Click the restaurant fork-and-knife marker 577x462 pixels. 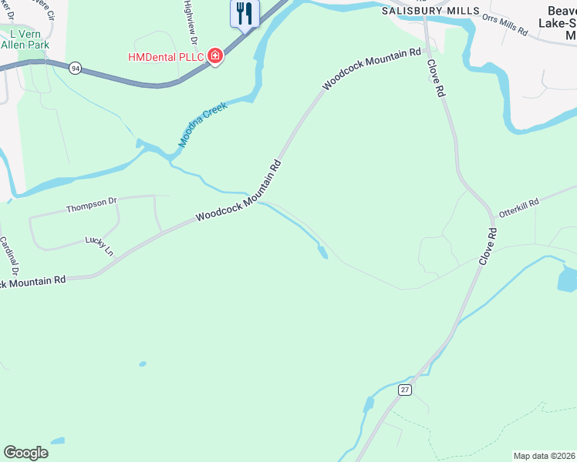(245, 13)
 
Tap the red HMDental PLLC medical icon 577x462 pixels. (215, 56)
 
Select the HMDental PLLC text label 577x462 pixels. (166, 56)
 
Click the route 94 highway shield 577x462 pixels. (75, 68)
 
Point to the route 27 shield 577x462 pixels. (405, 390)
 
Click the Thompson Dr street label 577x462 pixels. (91, 205)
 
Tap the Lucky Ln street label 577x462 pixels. (99, 247)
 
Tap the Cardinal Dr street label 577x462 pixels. (8, 256)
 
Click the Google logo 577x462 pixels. (26, 453)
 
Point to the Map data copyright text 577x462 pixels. (545, 455)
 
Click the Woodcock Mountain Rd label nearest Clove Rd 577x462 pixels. (372, 70)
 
